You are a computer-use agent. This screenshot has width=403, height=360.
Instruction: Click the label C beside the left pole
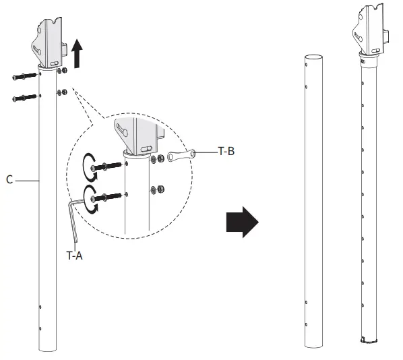point(9,181)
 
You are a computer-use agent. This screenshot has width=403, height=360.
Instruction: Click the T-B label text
point(226,152)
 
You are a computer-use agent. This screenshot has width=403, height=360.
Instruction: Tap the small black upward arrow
point(77,53)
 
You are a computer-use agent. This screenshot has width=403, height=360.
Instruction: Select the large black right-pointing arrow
point(241,220)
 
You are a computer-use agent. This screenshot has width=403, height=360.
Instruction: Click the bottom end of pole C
point(48,349)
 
